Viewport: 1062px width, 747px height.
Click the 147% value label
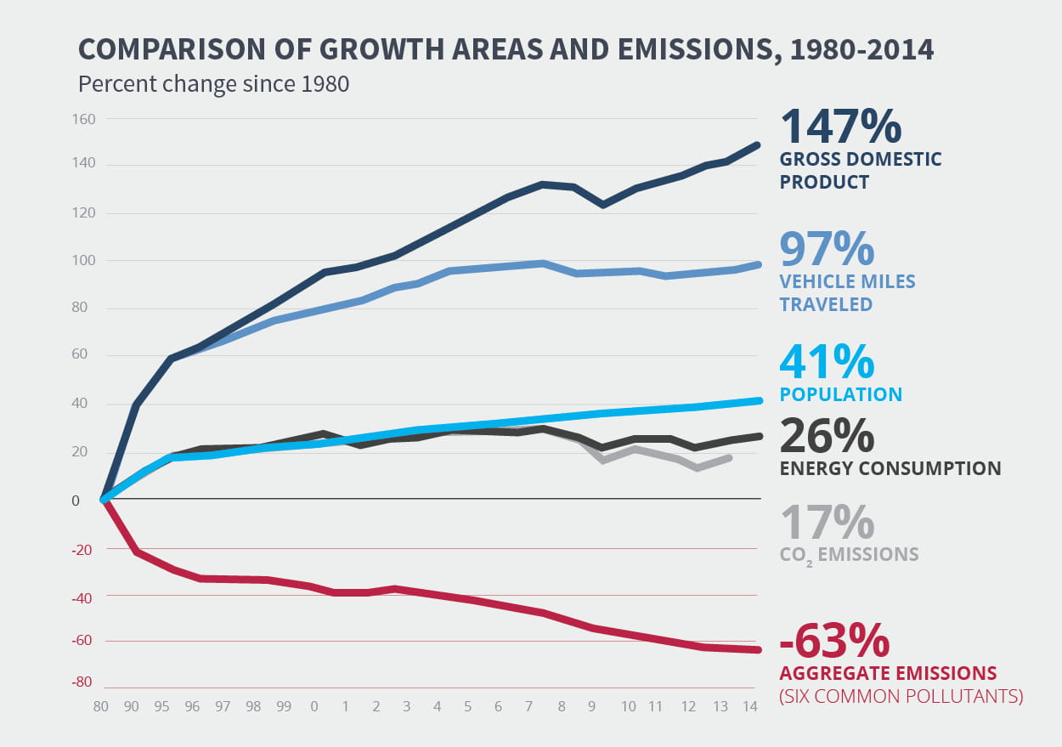pyautogui.click(x=839, y=126)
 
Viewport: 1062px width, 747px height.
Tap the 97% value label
pyautogui.click(x=827, y=248)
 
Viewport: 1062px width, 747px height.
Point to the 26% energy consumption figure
pyautogui.click(x=826, y=435)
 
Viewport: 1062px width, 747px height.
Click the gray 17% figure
pyautogui.click(x=826, y=522)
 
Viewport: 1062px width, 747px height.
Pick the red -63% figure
pyautogui.click(x=833, y=640)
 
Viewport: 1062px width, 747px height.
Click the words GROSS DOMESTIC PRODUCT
pyautogui.click(x=861, y=170)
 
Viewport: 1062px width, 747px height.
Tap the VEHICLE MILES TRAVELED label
pyautogui.click(x=847, y=292)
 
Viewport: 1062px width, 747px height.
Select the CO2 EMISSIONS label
pyautogui.click(x=849, y=555)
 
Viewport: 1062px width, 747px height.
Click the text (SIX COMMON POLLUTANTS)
pyautogui.click(x=901, y=696)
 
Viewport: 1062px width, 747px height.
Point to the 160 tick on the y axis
pyautogui.click(x=83, y=119)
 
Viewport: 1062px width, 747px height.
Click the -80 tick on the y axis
pyautogui.click(x=82, y=682)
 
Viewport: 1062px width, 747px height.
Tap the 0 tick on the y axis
pyautogui.click(x=76, y=501)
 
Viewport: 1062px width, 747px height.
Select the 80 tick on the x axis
pyautogui.click(x=103, y=706)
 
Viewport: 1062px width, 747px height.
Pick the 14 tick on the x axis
pyautogui.click(x=749, y=706)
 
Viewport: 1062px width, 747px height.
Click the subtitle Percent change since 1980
pyautogui.click(x=213, y=85)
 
